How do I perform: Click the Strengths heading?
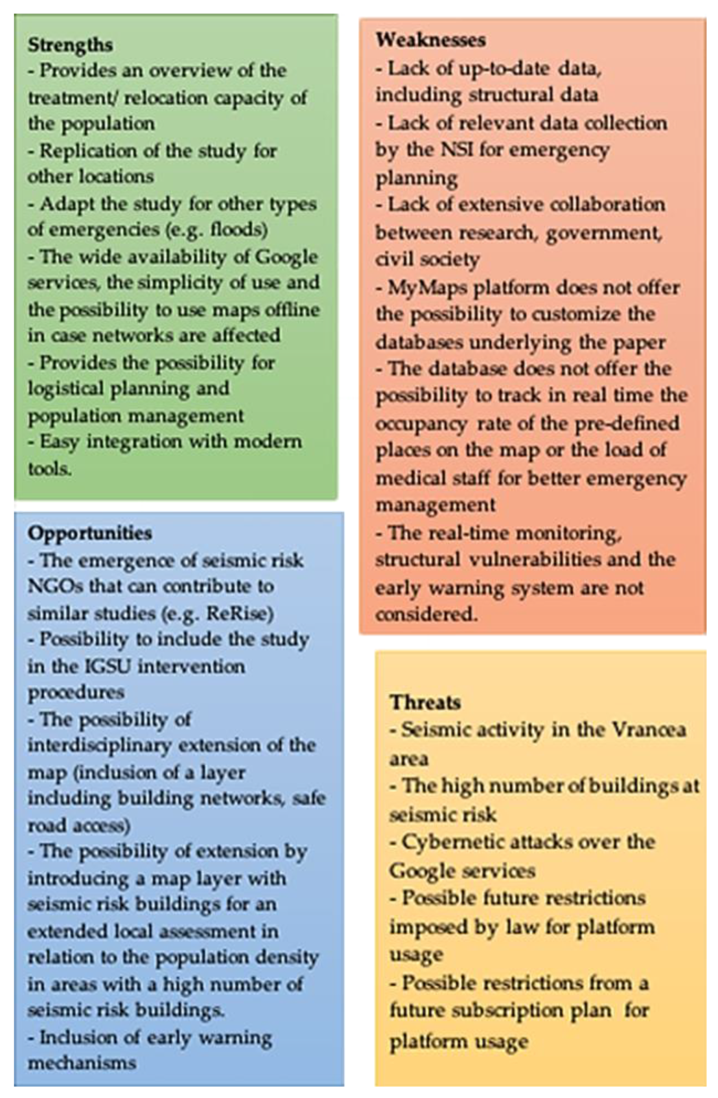pos(70,45)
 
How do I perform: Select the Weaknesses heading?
pos(431,40)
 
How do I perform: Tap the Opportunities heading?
pos(90,533)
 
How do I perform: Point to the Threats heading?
pos(425,702)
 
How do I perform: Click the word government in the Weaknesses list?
pos(603,233)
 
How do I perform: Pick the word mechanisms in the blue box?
pos(82,1063)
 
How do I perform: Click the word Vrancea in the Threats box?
pos(649,729)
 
